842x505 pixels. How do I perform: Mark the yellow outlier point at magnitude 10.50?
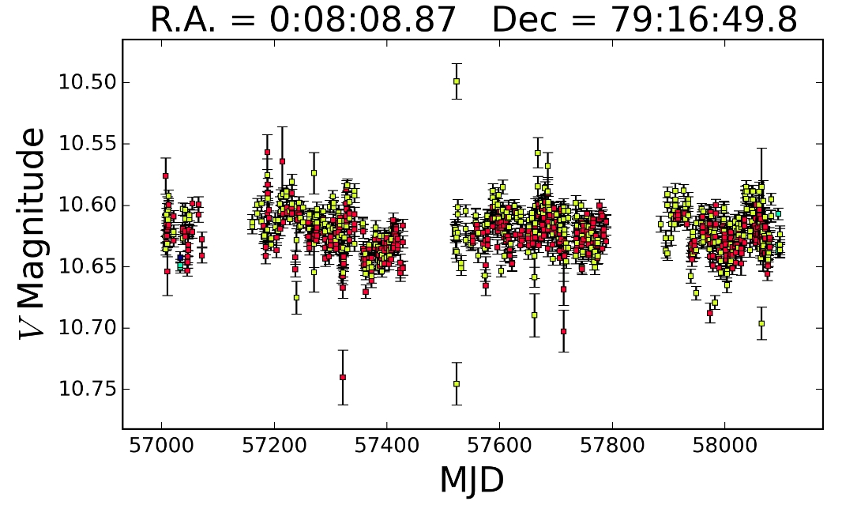coord(457,81)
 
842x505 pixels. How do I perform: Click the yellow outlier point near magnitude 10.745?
coord(457,384)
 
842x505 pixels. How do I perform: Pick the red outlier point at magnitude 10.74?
coord(343,377)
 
